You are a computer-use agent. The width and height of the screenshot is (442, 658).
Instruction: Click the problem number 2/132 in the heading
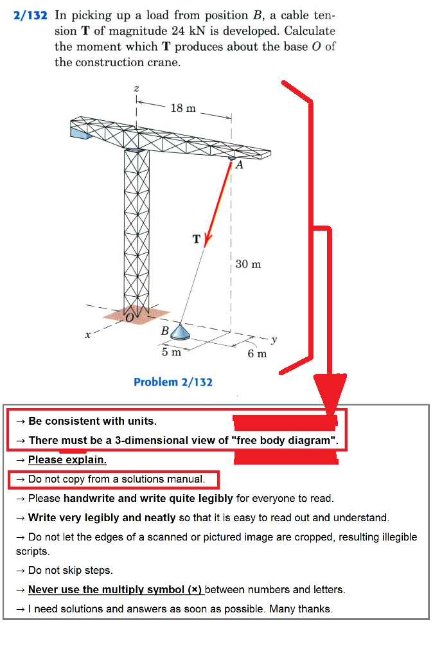(30, 14)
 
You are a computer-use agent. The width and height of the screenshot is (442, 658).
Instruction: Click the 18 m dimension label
(183, 108)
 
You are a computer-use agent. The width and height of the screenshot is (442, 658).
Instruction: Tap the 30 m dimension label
(248, 264)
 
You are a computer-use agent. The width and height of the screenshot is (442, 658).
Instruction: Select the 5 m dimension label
(171, 351)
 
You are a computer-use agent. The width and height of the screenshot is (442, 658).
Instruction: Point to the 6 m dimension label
(258, 353)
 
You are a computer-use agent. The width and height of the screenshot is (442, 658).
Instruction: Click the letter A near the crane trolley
(239, 165)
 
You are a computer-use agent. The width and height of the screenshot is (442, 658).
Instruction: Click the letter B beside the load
(164, 332)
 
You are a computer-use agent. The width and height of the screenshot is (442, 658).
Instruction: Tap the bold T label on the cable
(197, 239)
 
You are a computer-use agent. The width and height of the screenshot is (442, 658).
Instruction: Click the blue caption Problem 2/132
(173, 382)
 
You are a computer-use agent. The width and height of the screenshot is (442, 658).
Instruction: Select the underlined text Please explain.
(67, 459)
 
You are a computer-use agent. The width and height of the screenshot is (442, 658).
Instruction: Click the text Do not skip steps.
(71, 570)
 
